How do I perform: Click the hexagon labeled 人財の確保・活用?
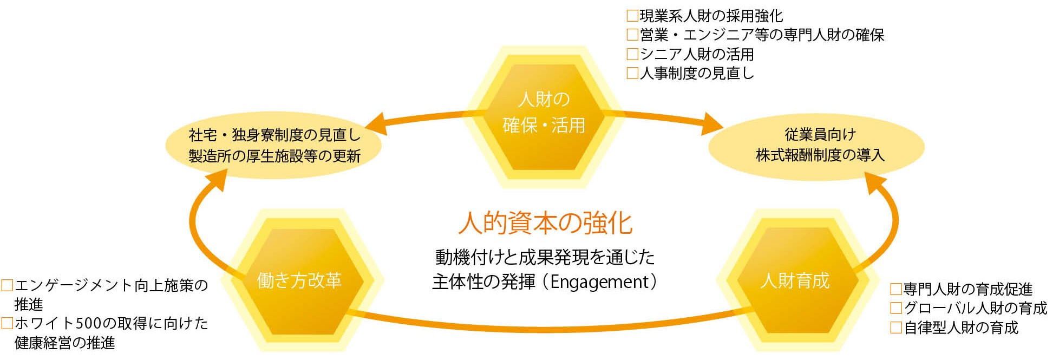click(544, 114)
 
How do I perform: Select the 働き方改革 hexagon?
click(299, 280)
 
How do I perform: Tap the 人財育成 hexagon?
click(794, 280)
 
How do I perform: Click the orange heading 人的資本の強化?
click(545, 223)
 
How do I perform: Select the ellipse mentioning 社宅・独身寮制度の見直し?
click(274, 146)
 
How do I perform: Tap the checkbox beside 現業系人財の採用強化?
click(632, 16)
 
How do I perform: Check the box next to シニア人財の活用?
click(632, 54)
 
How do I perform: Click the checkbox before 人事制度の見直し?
click(632, 73)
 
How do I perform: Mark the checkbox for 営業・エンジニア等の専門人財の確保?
click(632, 35)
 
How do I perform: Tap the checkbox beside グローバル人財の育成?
click(896, 308)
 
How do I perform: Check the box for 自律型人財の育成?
click(896, 328)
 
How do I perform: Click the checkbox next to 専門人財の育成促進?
click(896, 289)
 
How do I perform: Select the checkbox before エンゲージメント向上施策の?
click(7, 285)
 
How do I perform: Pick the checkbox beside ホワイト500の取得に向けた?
click(7, 324)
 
